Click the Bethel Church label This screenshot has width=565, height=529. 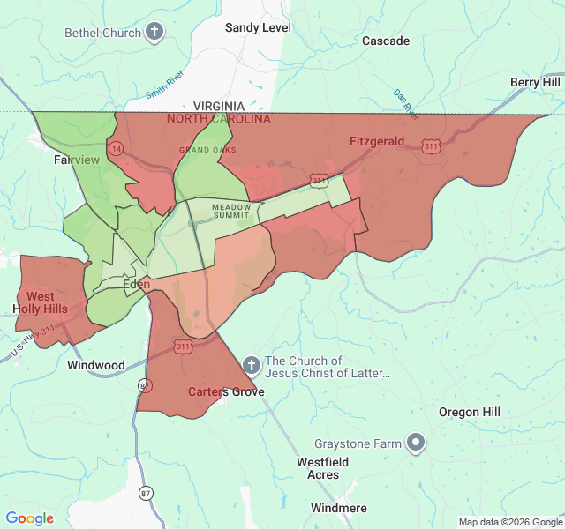pyautogui.click(x=102, y=33)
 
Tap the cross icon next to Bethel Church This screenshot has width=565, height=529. pyautogui.click(x=154, y=33)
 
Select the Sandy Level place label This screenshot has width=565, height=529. pyautogui.click(x=258, y=27)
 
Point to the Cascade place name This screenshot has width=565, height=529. pyautogui.click(x=386, y=41)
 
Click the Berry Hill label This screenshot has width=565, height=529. pyautogui.click(x=535, y=82)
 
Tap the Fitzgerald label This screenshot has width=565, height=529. pyautogui.click(x=377, y=141)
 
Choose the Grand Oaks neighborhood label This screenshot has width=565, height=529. pyautogui.click(x=207, y=150)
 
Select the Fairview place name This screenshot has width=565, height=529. pyautogui.click(x=77, y=160)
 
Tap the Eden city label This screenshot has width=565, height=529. pyautogui.click(x=136, y=285)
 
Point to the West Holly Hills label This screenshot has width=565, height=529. pyautogui.click(x=40, y=302)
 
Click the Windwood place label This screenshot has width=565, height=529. pyautogui.click(x=96, y=364)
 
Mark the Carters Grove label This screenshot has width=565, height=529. pyautogui.click(x=221, y=391)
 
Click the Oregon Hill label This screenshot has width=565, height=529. pyautogui.click(x=470, y=412)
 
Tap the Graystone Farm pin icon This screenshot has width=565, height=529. pyautogui.click(x=416, y=443)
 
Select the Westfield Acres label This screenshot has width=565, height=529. pyautogui.click(x=322, y=468)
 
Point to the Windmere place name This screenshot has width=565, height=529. pyautogui.click(x=338, y=508)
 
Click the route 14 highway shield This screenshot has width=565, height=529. pyautogui.click(x=117, y=148)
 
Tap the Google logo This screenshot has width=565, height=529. pyautogui.click(x=30, y=518)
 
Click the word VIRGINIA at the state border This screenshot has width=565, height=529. pyautogui.click(x=219, y=106)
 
